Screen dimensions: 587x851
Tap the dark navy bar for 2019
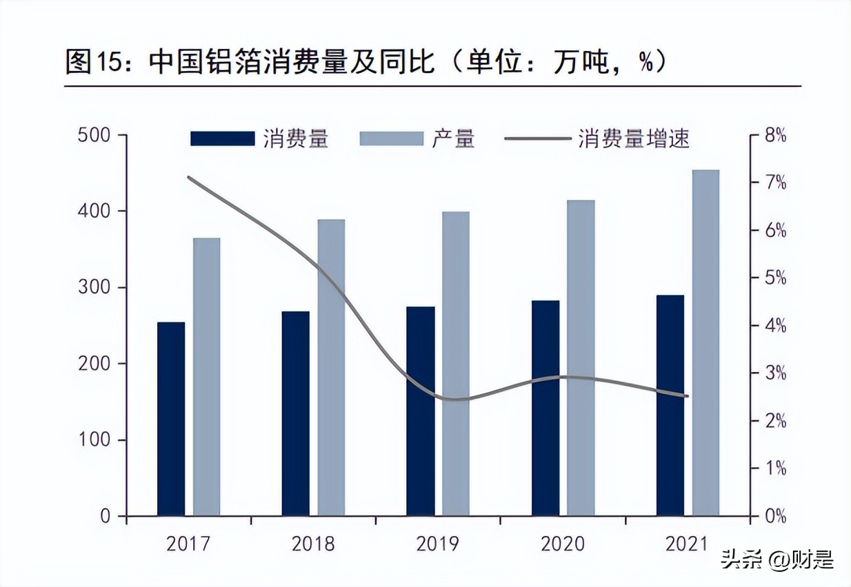click(x=421, y=411)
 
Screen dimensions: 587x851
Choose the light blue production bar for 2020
click(x=581, y=358)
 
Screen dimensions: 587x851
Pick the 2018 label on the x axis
click(x=313, y=544)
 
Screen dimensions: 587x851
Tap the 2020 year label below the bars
click(x=562, y=544)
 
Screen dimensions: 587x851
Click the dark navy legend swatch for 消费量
click(x=222, y=138)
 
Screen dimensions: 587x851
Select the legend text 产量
click(x=454, y=138)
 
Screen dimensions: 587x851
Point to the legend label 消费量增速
click(x=634, y=138)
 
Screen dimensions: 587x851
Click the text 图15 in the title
click(x=97, y=62)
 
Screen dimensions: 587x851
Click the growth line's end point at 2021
click(x=688, y=396)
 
